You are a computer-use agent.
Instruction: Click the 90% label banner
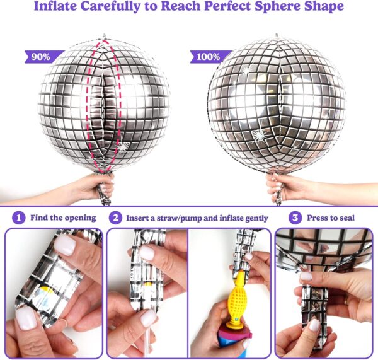42,57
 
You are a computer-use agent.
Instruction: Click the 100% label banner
209,57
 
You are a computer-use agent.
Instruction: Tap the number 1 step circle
18,218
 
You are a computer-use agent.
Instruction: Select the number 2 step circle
116,218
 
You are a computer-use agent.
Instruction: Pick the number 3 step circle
295,218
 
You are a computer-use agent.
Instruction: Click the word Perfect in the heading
227,6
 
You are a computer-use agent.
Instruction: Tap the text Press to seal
331,218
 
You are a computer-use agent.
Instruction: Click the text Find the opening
63,218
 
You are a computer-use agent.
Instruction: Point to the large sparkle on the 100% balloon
260,135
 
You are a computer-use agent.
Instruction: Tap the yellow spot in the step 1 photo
47,290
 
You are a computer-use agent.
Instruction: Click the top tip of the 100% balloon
277,35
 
